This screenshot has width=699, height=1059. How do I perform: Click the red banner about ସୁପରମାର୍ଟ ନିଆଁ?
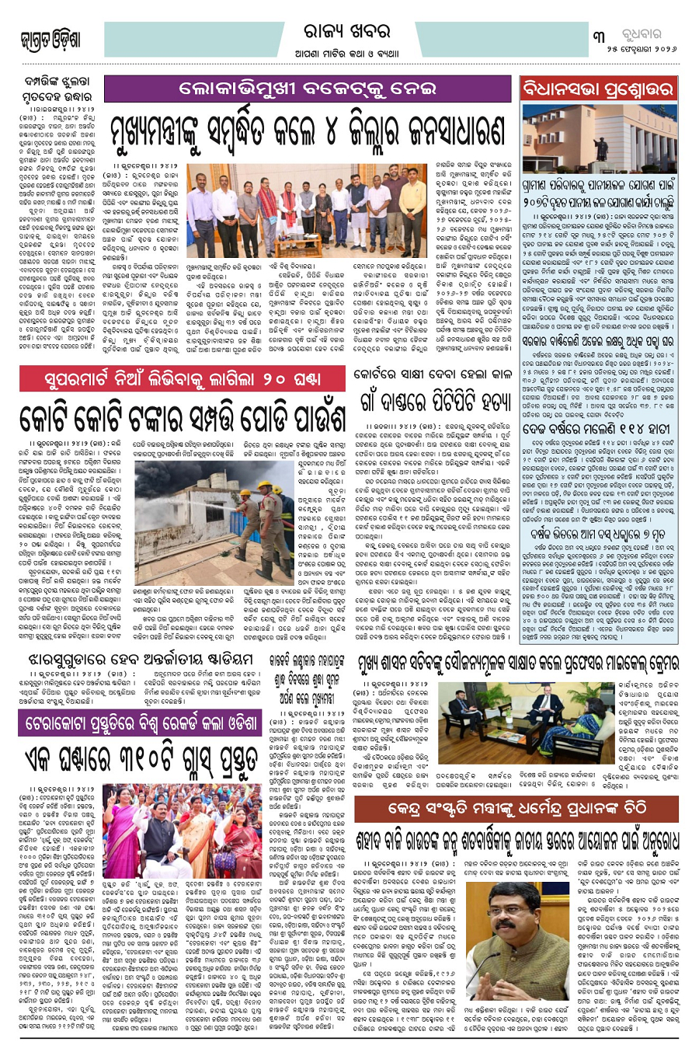[181, 378]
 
